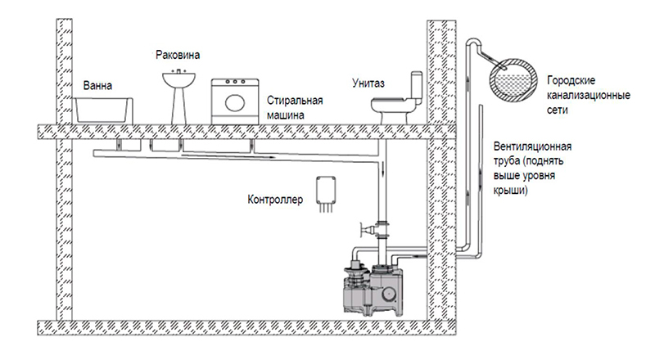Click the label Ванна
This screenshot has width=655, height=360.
[x=97, y=86]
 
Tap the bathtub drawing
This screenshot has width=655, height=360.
[x=103, y=110]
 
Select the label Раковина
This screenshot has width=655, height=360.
[x=178, y=55]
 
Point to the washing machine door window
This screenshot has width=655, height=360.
[x=235, y=102]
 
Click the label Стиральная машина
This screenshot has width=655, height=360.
[x=295, y=107]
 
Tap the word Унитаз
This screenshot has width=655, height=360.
[x=368, y=83]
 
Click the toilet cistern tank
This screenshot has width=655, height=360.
[x=417, y=87]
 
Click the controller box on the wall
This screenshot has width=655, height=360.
[x=326, y=190]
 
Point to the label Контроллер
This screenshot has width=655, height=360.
[x=275, y=200]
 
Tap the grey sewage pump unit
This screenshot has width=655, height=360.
[x=373, y=288]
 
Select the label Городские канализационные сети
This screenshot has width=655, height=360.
[x=588, y=95]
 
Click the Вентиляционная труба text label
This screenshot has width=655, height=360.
[x=533, y=168]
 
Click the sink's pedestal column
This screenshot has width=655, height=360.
[x=178, y=106]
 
